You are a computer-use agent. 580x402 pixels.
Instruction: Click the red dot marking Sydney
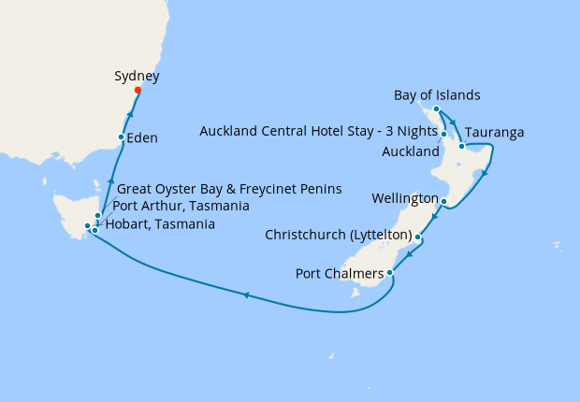click(138, 91)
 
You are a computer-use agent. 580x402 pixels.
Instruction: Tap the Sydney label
click(137, 76)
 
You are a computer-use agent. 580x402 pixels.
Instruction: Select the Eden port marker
click(121, 137)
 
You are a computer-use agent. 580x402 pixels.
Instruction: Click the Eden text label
click(142, 138)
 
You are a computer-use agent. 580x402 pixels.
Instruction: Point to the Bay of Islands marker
click(437, 109)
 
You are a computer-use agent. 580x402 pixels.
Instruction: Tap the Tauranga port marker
click(462, 146)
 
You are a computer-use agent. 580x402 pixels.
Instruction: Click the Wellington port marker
click(443, 201)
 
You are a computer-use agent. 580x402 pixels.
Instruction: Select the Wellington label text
click(404, 199)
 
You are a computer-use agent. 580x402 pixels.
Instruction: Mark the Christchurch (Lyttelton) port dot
click(417, 237)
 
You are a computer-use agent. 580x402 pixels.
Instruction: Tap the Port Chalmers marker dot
click(389, 273)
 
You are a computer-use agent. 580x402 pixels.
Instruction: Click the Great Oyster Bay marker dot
click(97, 216)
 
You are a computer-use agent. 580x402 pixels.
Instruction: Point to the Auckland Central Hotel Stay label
click(319, 132)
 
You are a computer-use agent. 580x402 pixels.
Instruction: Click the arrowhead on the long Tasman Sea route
click(245, 295)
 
